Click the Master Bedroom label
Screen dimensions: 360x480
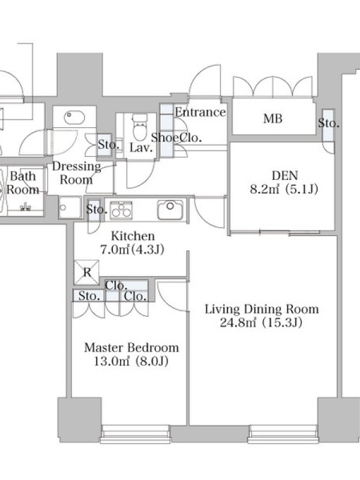pos(131,348)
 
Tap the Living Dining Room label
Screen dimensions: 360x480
pos(262,309)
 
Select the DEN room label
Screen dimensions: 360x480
pos(284,175)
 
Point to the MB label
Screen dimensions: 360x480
pos(273,118)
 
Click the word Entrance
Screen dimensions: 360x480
pos(200,112)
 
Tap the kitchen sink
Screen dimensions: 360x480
pos(170,209)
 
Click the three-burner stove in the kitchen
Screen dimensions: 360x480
pos(121,210)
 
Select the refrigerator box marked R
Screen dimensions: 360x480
pos(86,272)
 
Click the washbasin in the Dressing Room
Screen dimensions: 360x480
pos(74,117)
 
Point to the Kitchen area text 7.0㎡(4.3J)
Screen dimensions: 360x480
pos(132,250)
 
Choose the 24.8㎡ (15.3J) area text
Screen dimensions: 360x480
pos(261,323)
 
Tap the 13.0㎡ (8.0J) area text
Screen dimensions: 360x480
pos(131,362)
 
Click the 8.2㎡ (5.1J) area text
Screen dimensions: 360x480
pos(284,189)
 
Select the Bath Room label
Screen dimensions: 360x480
pos(23,183)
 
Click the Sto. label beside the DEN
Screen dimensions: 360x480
pos(328,124)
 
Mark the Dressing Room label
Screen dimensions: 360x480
pos(76,173)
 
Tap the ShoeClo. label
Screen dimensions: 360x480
pos(176,138)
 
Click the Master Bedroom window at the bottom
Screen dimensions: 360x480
pos(136,433)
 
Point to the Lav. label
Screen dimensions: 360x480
pos(141,148)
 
